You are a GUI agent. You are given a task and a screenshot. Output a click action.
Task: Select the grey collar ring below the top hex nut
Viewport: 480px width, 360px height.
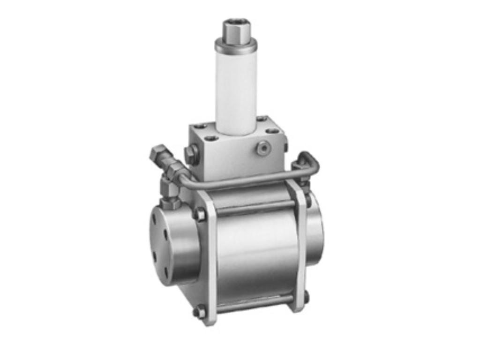(236, 46)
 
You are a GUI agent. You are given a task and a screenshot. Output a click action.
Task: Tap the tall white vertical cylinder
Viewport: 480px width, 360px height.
(236, 89)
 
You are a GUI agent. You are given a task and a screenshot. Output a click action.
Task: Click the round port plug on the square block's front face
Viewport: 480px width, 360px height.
(262, 148)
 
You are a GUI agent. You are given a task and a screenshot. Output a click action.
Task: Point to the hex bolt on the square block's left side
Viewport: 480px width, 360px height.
(191, 154)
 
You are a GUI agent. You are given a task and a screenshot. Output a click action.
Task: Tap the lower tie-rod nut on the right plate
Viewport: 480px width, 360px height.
(306, 297)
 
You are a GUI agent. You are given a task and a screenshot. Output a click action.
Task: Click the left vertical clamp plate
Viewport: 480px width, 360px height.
(210, 262)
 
